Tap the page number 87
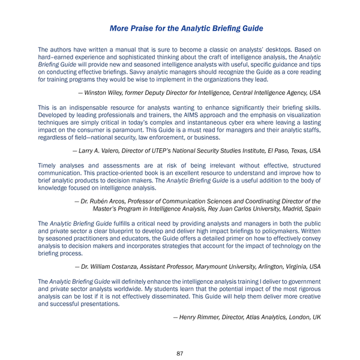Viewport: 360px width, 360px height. (x=180, y=353)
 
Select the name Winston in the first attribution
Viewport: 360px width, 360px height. (x=99, y=92)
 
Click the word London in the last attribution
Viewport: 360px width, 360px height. (x=295, y=316)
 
